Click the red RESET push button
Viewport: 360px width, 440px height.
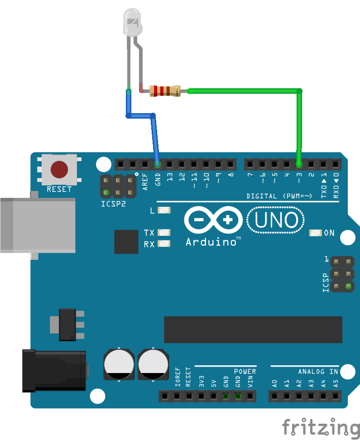(x=59, y=169)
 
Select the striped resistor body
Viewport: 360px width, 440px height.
(x=165, y=91)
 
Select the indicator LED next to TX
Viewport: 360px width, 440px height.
(x=163, y=233)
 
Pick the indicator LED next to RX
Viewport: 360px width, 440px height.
(x=163, y=244)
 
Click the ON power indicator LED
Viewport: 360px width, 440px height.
(x=315, y=233)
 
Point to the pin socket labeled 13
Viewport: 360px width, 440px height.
(x=169, y=163)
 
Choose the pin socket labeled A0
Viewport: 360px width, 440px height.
(x=274, y=396)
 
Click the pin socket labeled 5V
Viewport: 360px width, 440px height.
(x=213, y=396)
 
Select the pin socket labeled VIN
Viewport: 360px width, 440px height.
(x=250, y=396)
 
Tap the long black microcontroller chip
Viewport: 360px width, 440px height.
(x=253, y=330)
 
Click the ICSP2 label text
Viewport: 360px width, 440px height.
(x=113, y=204)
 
